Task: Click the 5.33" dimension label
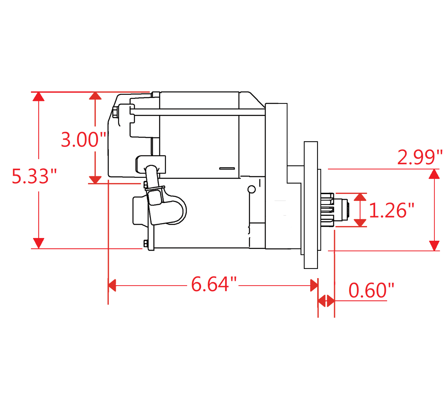pos(34,176)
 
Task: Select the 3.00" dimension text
pos(83,139)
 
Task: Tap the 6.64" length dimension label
pos(213,284)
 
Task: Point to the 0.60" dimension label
pos(371,290)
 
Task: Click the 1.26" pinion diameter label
pos(391,210)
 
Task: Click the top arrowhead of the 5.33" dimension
pos(39,97)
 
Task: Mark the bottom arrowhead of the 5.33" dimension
pos(39,243)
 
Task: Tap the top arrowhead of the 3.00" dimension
pos(95,96)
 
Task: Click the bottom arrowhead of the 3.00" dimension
pos(95,180)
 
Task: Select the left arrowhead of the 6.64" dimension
pos(112,286)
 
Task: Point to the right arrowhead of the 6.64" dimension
pos(314,286)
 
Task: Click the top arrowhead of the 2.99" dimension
pos(434,174)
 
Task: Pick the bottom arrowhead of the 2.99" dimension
pos(434,245)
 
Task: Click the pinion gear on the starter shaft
pos(328,210)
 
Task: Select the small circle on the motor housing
pos(251,189)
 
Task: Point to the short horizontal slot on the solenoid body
pos(227,168)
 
